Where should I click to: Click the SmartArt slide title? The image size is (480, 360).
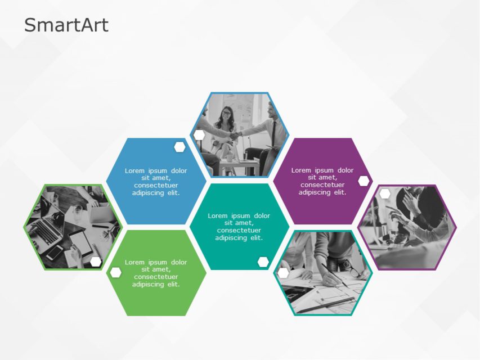coord(66,25)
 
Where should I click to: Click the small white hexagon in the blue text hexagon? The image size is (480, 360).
coord(180,147)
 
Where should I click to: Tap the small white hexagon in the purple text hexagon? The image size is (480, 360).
coord(364,181)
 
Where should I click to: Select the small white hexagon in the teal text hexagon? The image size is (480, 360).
coord(263,262)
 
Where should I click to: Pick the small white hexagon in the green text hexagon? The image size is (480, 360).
coord(116,273)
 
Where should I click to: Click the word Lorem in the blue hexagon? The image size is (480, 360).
coord(134,171)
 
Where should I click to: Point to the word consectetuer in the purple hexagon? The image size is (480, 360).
coord(322,185)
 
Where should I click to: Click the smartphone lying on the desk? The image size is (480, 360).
coord(55,253)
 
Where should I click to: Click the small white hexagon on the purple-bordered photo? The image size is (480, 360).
coord(385,194)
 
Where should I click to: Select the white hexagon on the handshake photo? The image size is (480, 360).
coord(199,135)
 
